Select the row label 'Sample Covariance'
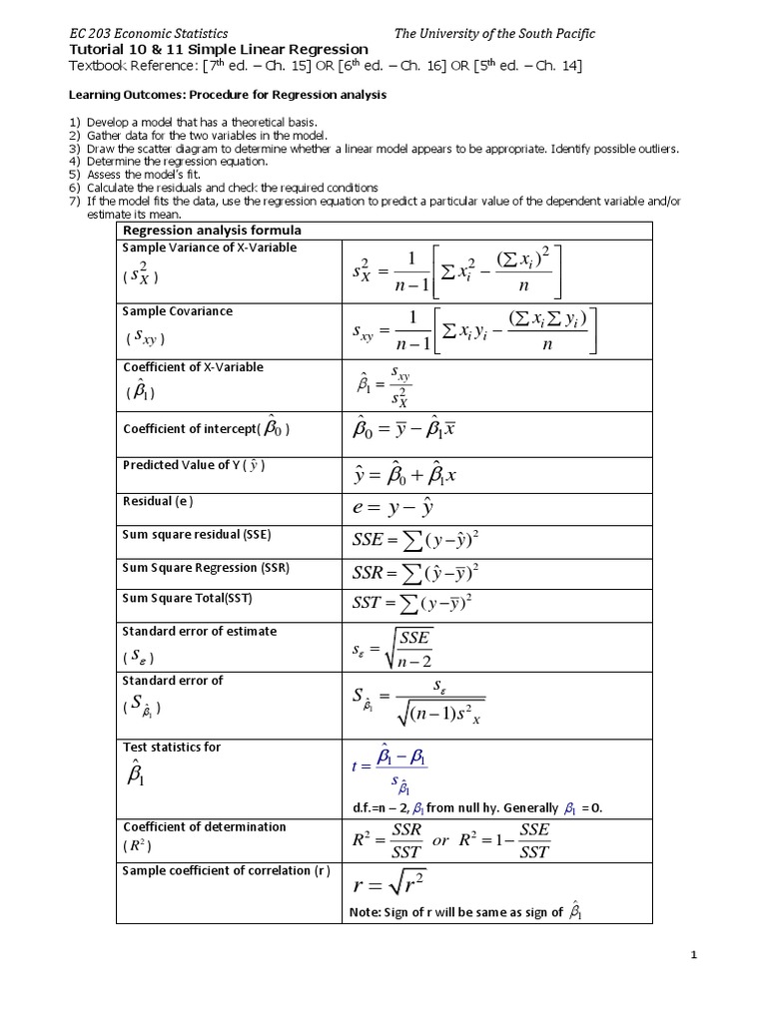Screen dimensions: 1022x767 click(x=177, y=311)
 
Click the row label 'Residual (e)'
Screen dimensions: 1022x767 click(x=157, y=501)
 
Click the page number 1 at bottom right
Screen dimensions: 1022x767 click(x=693, y=955)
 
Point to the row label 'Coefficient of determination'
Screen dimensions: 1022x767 click(x=204, y=826)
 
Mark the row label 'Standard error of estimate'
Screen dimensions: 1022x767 click(x=199, y=631)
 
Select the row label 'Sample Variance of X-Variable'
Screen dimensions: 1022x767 click(x=209, y=248)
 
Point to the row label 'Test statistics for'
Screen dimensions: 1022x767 click(x=171, y=747)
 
